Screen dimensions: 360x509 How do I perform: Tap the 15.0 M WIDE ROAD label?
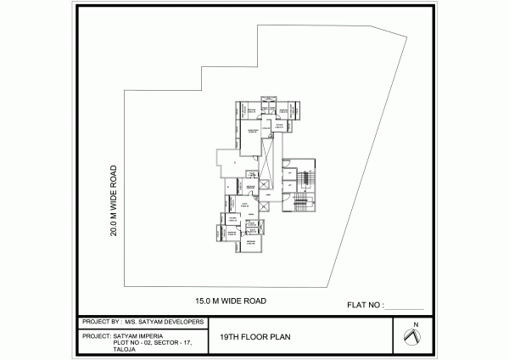coord(231,301)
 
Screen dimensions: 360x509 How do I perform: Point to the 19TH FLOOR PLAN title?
coord(255,336)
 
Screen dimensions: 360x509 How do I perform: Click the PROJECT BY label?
coord(101,323)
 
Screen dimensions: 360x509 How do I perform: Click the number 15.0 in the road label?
coord(204,301)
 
